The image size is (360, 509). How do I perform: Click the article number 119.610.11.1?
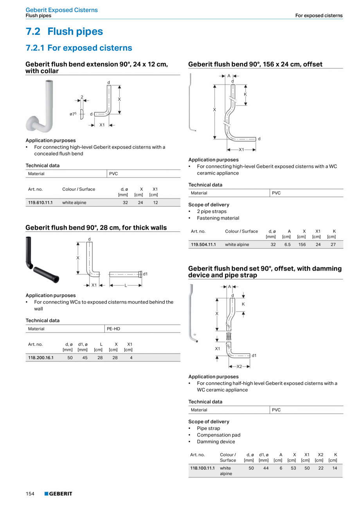40,202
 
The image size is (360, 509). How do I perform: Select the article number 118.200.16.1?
41,357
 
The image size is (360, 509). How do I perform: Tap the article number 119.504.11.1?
203,244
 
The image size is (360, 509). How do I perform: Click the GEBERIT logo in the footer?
58,494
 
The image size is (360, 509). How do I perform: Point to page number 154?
30,494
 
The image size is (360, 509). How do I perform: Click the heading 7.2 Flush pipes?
64,31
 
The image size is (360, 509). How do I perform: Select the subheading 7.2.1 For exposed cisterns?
79,48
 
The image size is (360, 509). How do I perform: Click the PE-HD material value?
113,329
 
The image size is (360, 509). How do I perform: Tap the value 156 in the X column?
302,244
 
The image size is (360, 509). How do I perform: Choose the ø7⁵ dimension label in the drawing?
73,114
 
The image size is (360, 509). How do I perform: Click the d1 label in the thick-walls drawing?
145,274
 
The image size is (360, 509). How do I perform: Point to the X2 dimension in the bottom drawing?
239,366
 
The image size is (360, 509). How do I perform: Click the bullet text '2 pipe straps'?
211,211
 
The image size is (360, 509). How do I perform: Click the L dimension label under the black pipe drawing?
126,285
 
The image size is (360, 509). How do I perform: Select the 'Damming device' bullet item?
216,442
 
